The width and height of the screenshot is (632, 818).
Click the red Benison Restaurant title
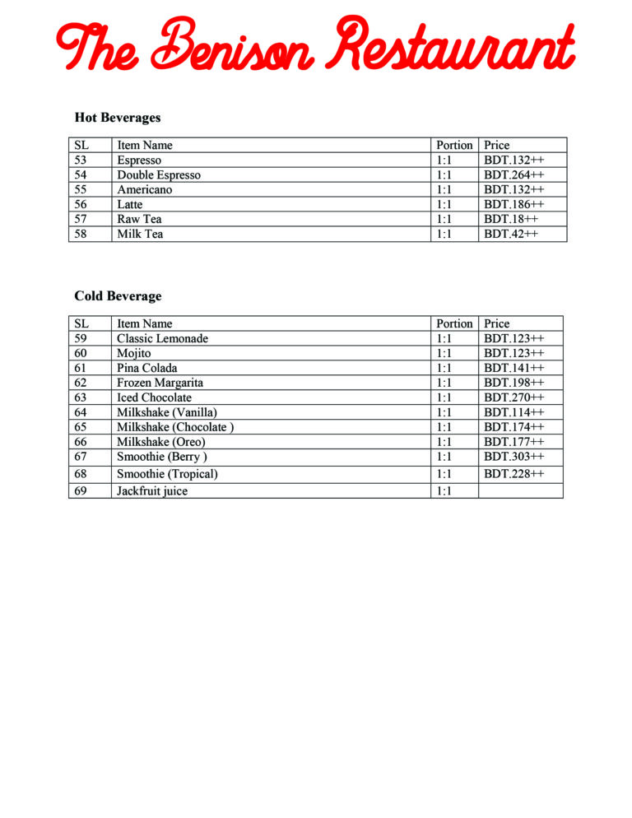(x=315, y=45)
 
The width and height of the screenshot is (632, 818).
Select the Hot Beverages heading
(x=117, y=118)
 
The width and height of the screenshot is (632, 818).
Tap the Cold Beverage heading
(x=118, y=296)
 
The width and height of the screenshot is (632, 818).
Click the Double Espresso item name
(x=158, y=175)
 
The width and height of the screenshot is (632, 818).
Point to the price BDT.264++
(x=513, y=175)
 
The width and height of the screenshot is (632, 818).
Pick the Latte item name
(x=129, y=205)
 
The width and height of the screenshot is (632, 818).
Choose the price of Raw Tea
(x=510, y=220)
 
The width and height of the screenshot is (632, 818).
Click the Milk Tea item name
(x=140, y=235)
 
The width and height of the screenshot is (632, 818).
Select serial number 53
(x=81, y=160)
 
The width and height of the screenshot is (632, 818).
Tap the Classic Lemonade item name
(x=162, y=339)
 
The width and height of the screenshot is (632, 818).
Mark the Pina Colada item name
(x=146, y=369)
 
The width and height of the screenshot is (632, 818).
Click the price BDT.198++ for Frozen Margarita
(x=513, y=383)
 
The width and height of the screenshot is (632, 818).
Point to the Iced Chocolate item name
(x=154, y=398)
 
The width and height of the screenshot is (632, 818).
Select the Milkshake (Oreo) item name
(x=160, y=442)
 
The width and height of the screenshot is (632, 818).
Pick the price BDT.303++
(x=513, y=457)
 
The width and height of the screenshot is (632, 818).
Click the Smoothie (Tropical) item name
(x=167, y=474)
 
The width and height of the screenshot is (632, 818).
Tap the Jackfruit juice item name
(x=152, y=491)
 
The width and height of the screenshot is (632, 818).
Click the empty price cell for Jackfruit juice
(x=520, y=491)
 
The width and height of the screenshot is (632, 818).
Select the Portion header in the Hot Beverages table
(x=454, y=146)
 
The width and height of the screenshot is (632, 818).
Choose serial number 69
(x=81, y=491)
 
